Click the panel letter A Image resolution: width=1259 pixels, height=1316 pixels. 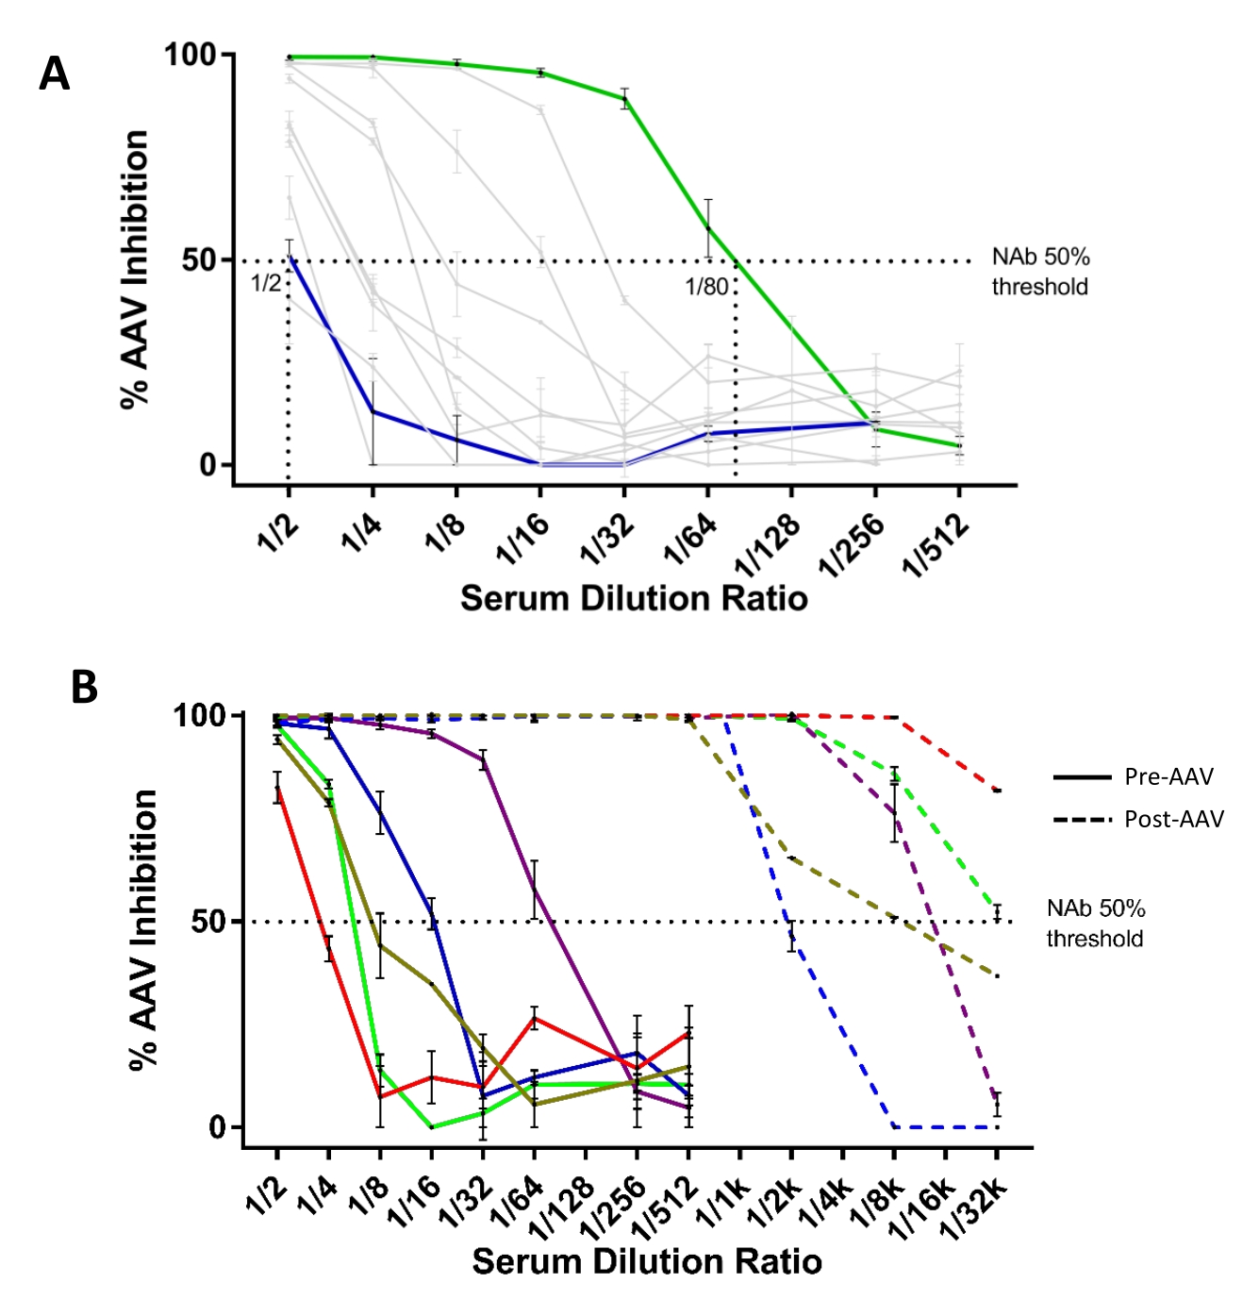tap(54, 74)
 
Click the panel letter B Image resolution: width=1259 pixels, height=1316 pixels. tap(84, 688)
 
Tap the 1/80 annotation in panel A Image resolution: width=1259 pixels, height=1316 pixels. tap(706, 286)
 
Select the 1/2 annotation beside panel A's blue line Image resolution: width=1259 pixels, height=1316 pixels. tap(265, 282)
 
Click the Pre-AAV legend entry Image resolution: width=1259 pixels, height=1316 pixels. tap(1168, 776)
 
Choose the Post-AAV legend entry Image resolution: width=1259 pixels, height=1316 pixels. tap(1173, 819)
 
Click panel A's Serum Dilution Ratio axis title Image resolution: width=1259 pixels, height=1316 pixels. tap(634, 598)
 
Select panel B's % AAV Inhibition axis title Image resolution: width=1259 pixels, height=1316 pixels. tap(142, 929)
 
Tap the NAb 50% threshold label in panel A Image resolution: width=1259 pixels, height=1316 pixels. tap(1039, 272)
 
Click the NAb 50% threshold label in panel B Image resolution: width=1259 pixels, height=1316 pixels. tap(1095, 924)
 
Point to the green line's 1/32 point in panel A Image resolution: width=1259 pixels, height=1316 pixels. tap(624, 98)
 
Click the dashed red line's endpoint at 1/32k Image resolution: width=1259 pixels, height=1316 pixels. tap(997, 791)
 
